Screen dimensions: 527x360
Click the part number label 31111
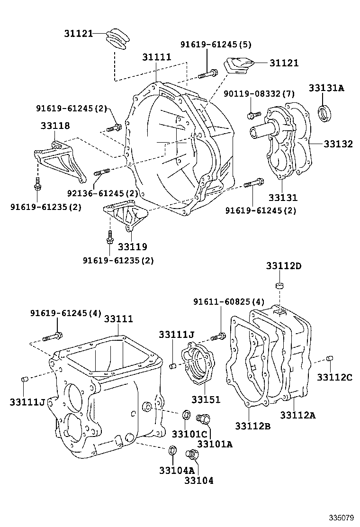(157, 57)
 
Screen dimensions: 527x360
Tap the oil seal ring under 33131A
(324, 114)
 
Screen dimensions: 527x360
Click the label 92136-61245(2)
(102, 193)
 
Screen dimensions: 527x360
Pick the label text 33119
(133, 246)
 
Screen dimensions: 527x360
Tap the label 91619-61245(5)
(216, 45)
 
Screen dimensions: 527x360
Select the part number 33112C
(335, 377)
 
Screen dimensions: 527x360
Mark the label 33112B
(252, 426)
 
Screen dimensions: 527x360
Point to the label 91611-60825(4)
(229, 302)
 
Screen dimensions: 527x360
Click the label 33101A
(215, 444)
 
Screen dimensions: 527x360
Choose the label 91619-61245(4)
(66, 313)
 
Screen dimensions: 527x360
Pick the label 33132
(338, 144)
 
